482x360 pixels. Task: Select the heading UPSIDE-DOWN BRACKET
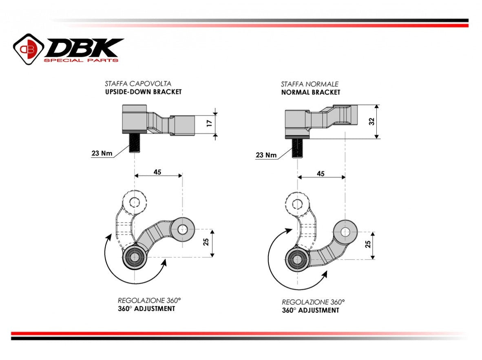point(143,92)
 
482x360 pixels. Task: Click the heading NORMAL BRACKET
point(310,92)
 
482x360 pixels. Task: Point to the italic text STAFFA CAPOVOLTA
point(138,84)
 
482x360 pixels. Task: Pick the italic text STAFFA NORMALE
point(310,84)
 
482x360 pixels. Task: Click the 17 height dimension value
point(209,123)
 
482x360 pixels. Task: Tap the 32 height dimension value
point(371,122)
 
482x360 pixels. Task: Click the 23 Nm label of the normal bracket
point(265,155)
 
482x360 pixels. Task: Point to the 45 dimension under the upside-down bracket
point(157,172)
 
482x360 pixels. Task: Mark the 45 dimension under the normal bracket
point(321,173)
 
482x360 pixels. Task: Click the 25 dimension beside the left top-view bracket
point(206,242)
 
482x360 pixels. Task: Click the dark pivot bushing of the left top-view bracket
point(134,257)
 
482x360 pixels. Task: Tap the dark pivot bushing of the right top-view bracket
point(297,258)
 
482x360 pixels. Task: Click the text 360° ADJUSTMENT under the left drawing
point(146,309)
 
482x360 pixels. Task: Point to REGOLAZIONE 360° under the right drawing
point(313,302)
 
